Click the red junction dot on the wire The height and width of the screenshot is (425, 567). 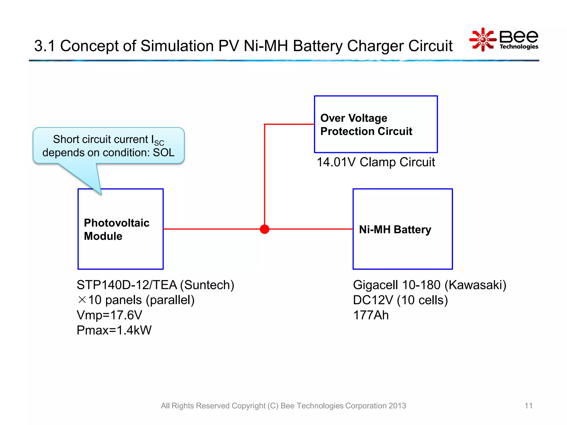[x=264, y=229]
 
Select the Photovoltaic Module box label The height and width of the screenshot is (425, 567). [x=116, y=229]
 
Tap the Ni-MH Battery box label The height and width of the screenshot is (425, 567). [x=395, y=229]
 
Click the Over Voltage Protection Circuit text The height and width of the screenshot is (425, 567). [x=366, y=125]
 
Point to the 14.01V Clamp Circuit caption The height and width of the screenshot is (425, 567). [x=375, y=162]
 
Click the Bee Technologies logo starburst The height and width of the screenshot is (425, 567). [x=483, y=40]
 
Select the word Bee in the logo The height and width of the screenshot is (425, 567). [x=519, y=37]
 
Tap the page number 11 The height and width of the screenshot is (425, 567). [x=528, y=406]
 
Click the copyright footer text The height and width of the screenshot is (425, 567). [x=283, y=406]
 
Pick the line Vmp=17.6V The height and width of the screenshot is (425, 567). [x=109, y=315]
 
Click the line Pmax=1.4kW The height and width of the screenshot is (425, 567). [x=114, y=330]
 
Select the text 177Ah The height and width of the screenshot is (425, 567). [x=371, y=315]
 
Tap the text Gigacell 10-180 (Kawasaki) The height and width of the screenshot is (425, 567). [x=429, y=285]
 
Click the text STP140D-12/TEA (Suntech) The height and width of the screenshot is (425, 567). [x=155, y=285]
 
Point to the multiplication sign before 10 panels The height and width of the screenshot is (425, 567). [x=82, y=300]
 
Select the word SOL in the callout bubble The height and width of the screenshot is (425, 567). [x=164, y=152]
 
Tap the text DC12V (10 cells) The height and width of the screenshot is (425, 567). [x=400, y=300]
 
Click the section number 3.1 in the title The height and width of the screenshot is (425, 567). [x=44, y=46]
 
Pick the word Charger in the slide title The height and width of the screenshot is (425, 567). [x=375, y=46]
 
